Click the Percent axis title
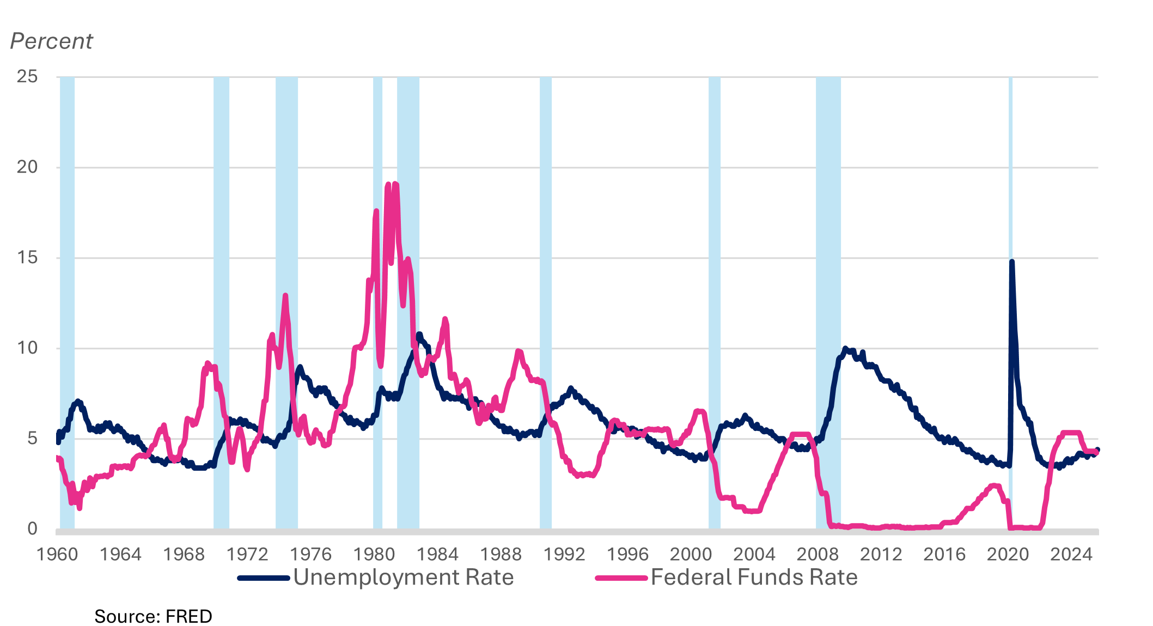pyautogui.click(x=52, y=41)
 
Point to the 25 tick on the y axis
pyautogui.click(x=27, y=76)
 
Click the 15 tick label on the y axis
pyautogui.click(x=27, y=257)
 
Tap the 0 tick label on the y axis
pyautogui.click(x=32, y=528)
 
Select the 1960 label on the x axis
pyautogui.click(x=57, y=555)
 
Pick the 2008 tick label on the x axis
pyautogui.click(x=817, y=555)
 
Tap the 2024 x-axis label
pyautogui.click(x=1071, y=555)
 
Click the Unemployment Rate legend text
pyautogui.click(x=403, y=578)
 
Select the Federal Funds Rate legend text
pyautogui.click(x=754, y=578)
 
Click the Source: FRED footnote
pyautogui.click(x=153, y=616)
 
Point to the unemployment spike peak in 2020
pyautogui.click(x=1011, y=262)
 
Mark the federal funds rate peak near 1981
pyautogui.click(x=395, y=184)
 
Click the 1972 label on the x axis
pyautogui.click(x=247, y=555)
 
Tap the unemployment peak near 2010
pyautogui.click(x=845, y=348)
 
